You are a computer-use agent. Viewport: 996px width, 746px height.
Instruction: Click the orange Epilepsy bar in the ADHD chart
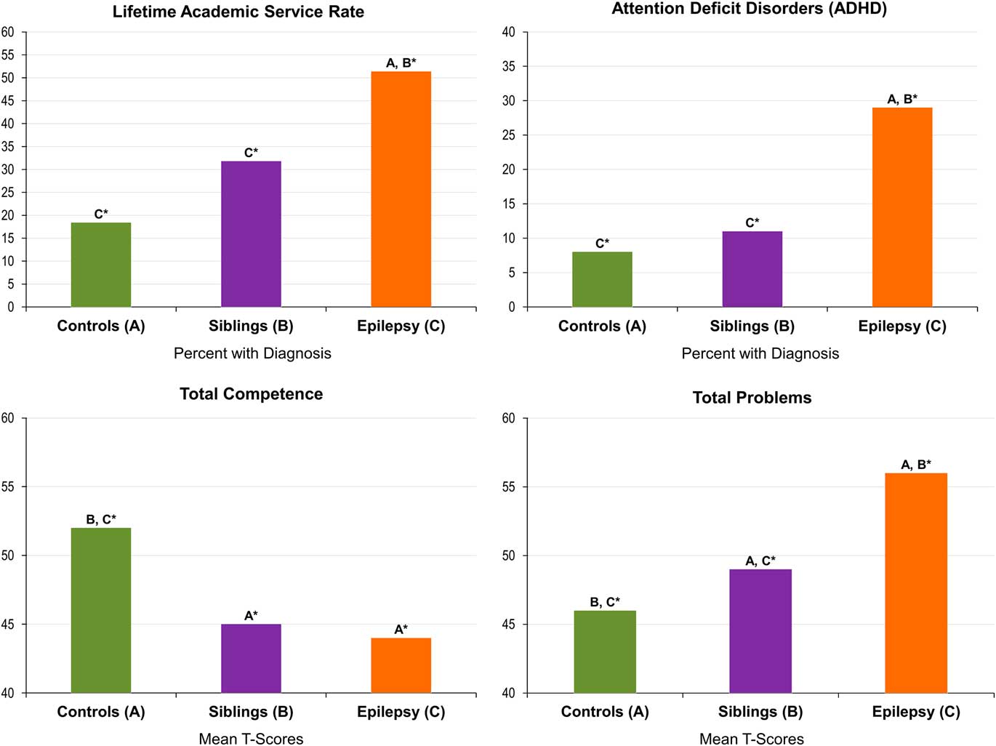click(x=902, y=207)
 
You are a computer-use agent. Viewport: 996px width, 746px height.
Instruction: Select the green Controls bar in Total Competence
click(x=101, y=610)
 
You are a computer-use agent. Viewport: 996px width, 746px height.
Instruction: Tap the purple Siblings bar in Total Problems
click(x=760, y=630)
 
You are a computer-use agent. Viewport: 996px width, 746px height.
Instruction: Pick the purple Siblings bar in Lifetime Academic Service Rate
click(x=251, y=233)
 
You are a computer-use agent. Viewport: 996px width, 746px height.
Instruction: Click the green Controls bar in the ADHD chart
click(x=602, y=279)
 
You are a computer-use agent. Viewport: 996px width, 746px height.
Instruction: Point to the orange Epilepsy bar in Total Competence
click(x=401, y=665)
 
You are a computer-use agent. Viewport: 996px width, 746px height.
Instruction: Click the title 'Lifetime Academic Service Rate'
click(x=238, y=12)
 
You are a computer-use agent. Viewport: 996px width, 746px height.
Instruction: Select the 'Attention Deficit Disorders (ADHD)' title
click(x=749, y=9)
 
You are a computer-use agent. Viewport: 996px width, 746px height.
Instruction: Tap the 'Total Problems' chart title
click(x=752, y=398)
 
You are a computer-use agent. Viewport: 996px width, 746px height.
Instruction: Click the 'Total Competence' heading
click(x=251, y=394)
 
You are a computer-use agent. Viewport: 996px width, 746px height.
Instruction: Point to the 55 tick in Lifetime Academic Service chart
click(x=8, y=55)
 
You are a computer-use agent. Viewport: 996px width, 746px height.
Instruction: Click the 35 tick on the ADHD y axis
click(x=509, y=66)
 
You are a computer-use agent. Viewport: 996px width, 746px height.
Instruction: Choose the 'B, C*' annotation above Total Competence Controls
click(x=101, y=519)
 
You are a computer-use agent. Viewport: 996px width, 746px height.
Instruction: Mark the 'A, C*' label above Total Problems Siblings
click(x=760, y=561)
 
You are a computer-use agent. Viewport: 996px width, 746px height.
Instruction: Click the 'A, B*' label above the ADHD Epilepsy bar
click(x=902, y=99)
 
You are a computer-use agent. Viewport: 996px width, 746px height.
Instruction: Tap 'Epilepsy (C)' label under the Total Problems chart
click(x=916, y=712)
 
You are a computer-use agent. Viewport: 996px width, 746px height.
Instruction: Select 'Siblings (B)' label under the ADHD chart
click(x=752, y=326)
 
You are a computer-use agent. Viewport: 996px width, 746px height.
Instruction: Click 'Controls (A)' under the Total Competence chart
click(x=101, y=712)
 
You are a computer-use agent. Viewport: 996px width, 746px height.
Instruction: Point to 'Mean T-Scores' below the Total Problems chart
click(x=752, y=739)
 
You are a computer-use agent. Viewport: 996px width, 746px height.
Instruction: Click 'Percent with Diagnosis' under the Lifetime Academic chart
click(x=252, y=353)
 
